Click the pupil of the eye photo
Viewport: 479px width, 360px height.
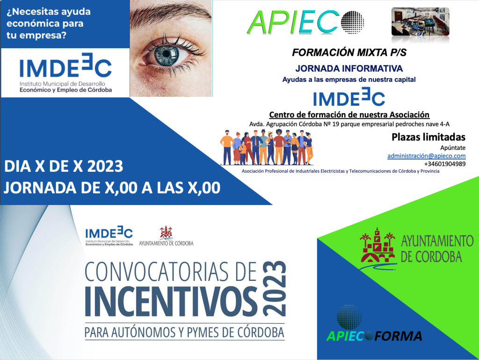(167, 53)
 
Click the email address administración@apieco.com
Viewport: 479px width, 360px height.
(427, 156)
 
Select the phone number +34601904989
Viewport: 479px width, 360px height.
(445, 164)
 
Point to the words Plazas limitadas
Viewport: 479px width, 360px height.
(428, 137)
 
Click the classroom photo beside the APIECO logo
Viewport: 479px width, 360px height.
(421, 22)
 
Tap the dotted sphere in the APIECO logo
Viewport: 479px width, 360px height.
(352, 22)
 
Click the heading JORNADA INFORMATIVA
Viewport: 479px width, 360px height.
(349, 68)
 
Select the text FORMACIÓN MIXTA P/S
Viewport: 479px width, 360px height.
(349, 52)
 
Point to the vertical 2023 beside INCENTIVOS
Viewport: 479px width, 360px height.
(274, 288)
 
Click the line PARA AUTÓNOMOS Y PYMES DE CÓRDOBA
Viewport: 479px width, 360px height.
(184, 332)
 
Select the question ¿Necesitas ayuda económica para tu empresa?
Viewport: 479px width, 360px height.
(49, 23)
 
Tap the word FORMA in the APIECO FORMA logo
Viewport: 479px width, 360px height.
(399, 336)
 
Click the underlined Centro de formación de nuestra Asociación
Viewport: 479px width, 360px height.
(349, 115)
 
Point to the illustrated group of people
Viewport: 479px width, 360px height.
(266, 147)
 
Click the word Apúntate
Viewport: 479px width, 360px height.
(453, 148)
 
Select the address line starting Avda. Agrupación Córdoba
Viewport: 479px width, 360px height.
(349, 124)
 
